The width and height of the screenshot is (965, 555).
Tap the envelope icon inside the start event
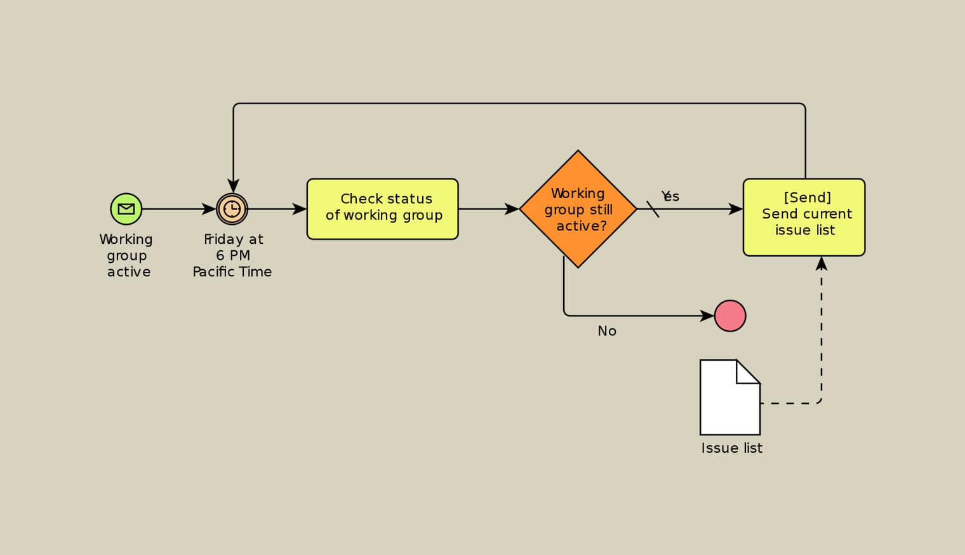click(126, 209)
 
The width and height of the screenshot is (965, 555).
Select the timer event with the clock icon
click(232, 209)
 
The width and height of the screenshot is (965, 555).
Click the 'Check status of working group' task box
click(382, 209)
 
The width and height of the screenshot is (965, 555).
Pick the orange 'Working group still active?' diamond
click(578, 209)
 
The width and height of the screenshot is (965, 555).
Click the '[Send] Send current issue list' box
click(804, 217)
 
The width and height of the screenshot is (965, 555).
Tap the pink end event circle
click(730, 316)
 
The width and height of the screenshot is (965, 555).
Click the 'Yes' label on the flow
click(670, 196)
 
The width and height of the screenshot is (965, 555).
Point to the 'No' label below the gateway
click(607, 331)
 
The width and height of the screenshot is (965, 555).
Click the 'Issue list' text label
click(731, 448)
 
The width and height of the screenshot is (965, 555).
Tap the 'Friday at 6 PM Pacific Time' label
click(232, 255)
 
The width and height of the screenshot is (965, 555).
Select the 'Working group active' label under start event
click(126, 255)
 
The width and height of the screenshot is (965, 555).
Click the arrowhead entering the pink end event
click(707, 316)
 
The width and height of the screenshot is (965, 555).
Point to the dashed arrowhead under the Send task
click(822, 264)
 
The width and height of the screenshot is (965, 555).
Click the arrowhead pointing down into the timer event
click(234, 185)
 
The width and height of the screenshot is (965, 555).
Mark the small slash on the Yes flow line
click(653, 209)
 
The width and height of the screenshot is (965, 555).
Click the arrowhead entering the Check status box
click(299, 209)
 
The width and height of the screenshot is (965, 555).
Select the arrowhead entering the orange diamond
click(512, 209)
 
